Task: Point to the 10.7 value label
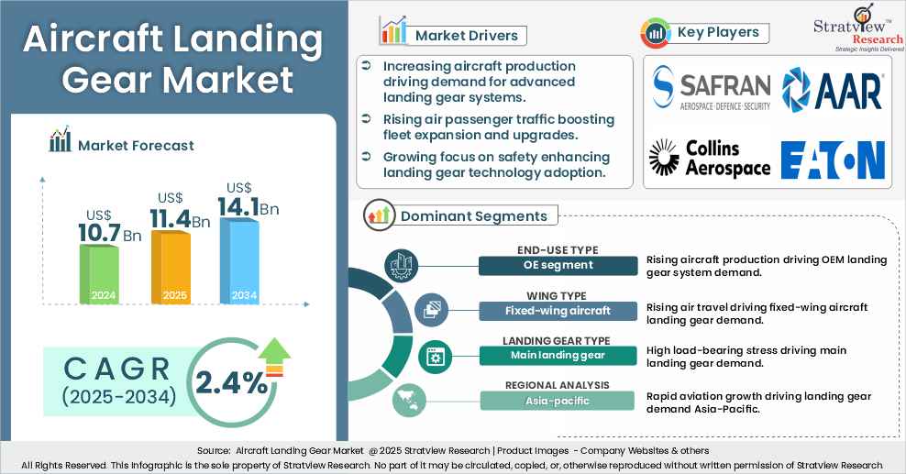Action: [100, 234]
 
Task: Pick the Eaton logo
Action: [833, 159]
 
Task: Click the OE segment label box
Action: [558, 265]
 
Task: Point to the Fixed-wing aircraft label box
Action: [558, 311]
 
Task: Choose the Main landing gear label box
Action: [558, 356]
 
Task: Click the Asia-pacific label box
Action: [558, 401]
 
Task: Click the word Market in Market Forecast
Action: [104, 145]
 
